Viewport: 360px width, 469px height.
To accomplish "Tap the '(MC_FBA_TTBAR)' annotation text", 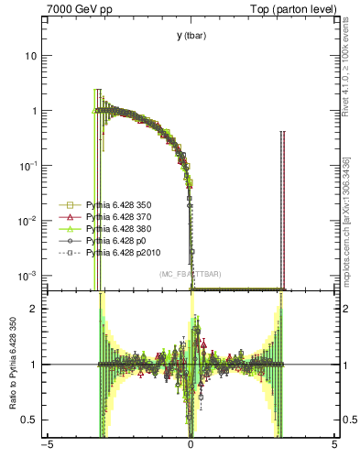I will click(190, 274).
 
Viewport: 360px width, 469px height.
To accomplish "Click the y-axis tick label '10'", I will click(31, 56).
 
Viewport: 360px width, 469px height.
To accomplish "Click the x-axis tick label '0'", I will click(191, 446).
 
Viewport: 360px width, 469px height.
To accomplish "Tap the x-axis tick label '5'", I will click(333, 446).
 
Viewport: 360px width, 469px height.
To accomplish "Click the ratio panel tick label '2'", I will click(35, 309).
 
